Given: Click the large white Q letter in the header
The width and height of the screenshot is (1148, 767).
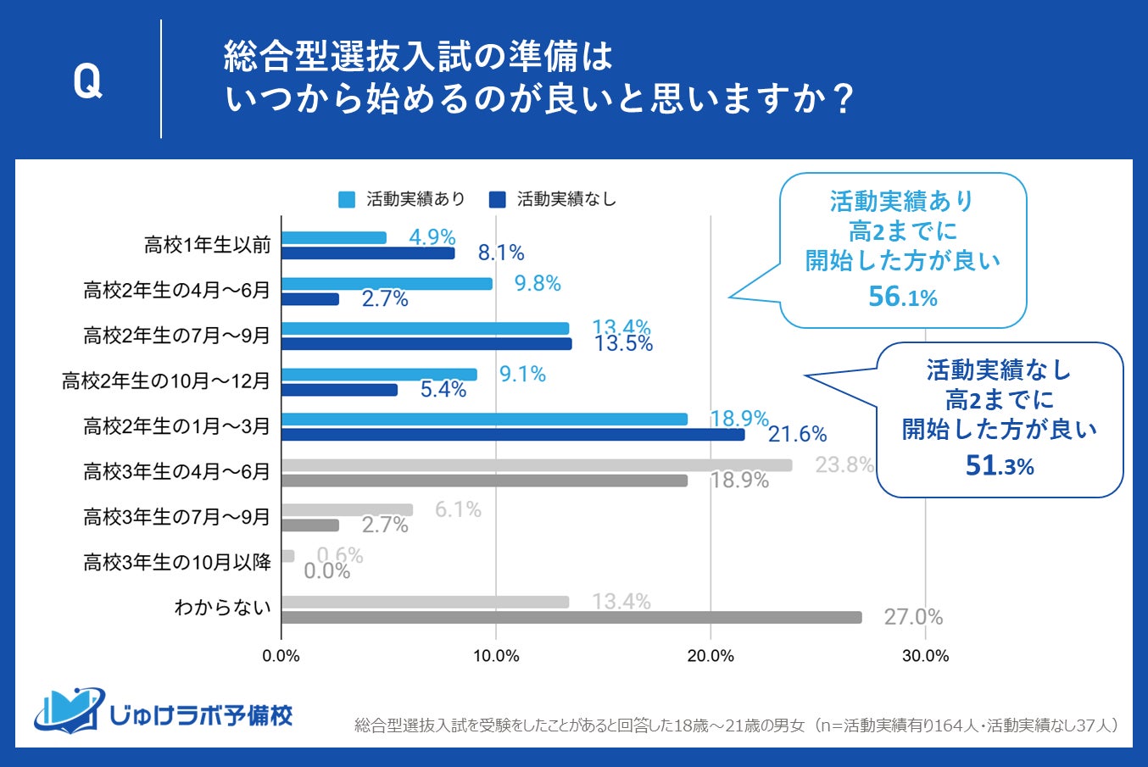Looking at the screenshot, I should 87,81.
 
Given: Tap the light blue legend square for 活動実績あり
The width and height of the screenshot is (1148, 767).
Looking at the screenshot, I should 347,199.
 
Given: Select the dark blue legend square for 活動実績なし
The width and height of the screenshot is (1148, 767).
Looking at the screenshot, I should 498,199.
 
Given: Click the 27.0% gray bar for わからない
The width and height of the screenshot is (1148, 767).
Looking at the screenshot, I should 571,617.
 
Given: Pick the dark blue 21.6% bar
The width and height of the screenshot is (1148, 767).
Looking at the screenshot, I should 513,434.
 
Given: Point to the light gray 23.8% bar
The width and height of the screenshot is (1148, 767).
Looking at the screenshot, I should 537,465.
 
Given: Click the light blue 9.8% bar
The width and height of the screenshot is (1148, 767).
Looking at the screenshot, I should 387,284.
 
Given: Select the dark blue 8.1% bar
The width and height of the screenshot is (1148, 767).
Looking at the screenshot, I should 368,253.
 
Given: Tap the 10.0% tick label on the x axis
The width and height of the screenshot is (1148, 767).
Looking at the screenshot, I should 496,656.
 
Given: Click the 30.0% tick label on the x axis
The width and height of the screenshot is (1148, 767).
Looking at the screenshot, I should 925,656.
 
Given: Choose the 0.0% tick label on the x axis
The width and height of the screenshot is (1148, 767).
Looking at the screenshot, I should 281,656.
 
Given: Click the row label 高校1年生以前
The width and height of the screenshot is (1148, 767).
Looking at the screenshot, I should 208,246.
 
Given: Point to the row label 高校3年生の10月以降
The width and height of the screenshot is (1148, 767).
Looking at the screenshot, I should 177,562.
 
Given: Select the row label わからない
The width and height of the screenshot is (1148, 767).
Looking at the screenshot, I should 222,608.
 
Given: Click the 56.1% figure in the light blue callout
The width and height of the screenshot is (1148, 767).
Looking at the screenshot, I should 903,297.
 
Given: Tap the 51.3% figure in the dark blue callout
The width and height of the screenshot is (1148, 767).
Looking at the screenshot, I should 1000,465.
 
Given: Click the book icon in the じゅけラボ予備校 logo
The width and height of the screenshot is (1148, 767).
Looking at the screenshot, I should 68,710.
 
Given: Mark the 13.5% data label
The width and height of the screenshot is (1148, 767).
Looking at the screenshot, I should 623,344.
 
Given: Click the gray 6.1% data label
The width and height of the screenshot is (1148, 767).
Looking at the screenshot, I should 458,509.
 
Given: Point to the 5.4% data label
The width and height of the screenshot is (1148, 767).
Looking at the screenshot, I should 443,390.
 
